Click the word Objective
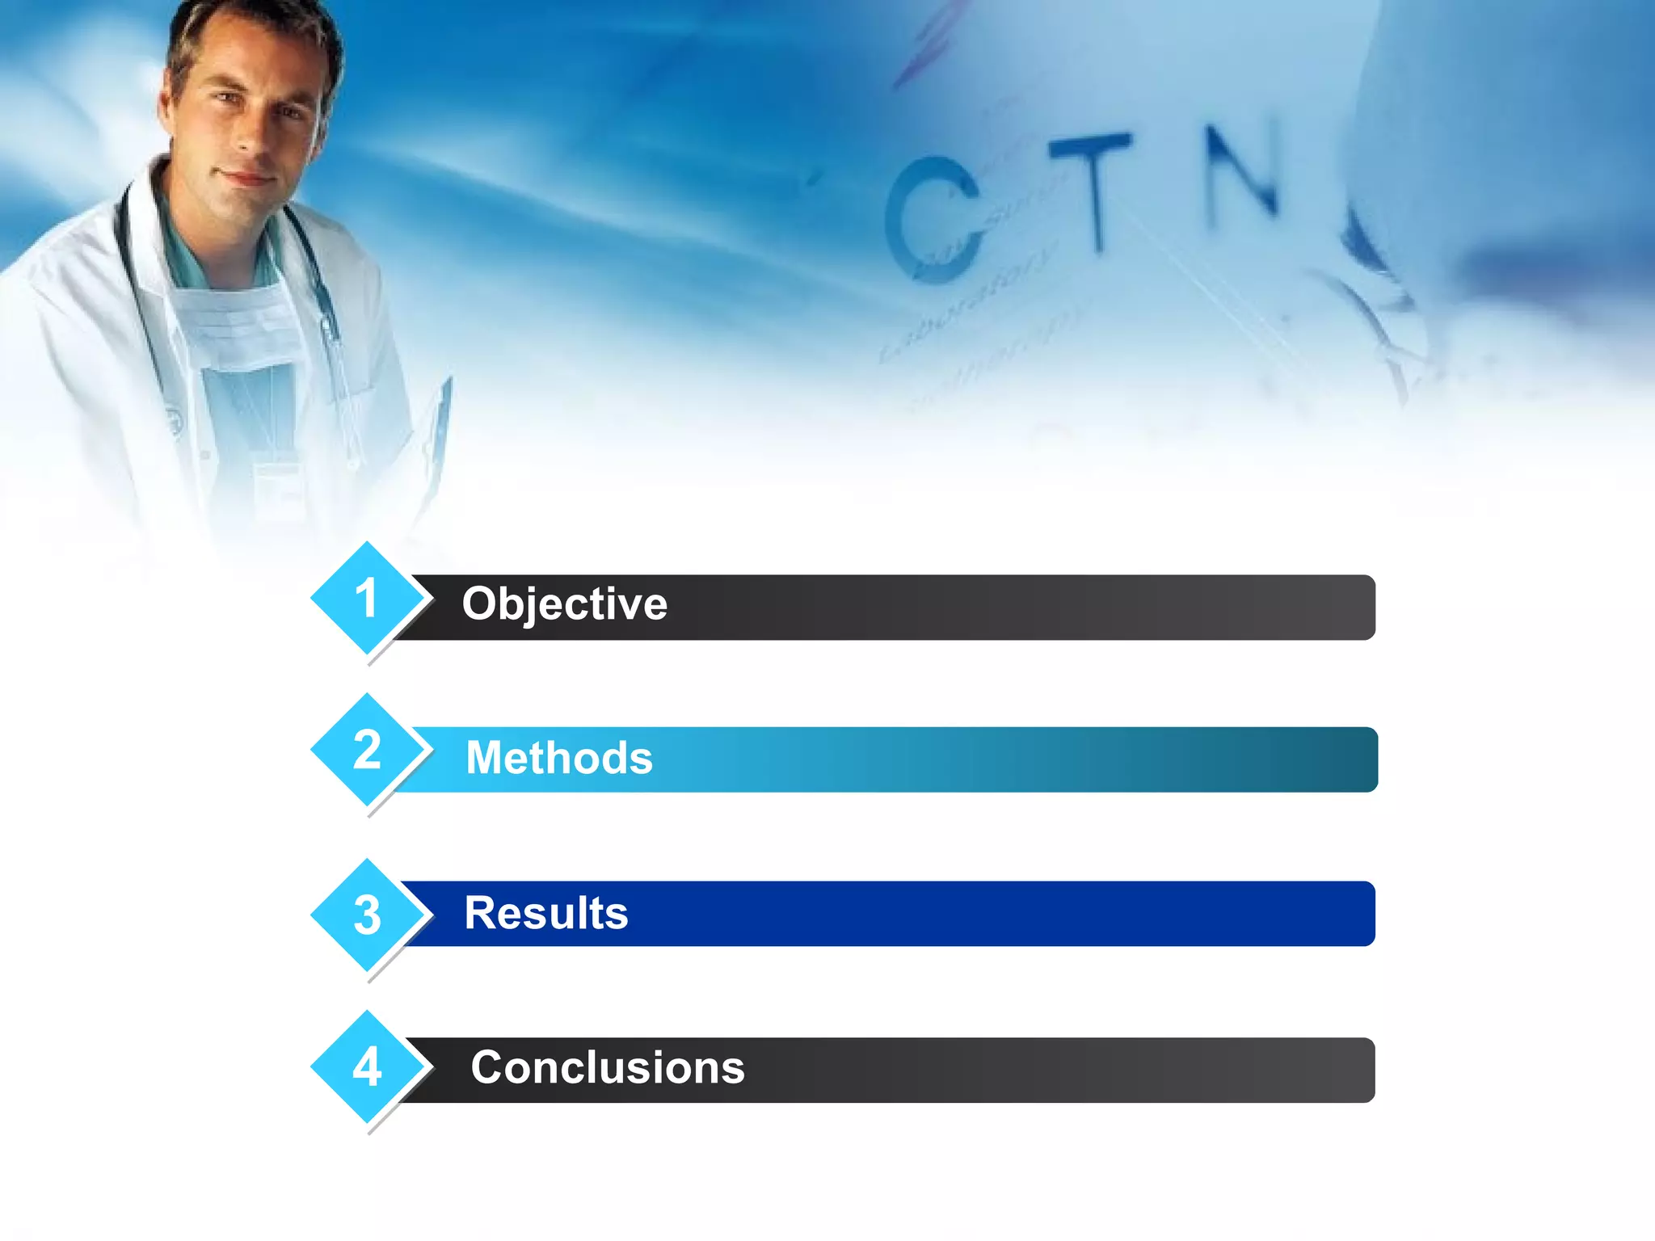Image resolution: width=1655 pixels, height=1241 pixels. click(x=564, y=604)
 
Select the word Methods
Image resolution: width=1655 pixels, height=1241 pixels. click(x=559, y=758)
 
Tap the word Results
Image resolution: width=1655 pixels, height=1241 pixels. click(x=546, y=913)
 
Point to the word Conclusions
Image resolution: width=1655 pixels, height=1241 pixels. click(x=608, y=1067)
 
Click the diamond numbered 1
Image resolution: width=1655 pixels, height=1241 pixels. click(x=368, y=599)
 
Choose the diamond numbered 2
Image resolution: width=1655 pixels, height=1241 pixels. click(x=368, y=750)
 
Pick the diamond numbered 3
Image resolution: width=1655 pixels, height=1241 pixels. click(x=368, y=915)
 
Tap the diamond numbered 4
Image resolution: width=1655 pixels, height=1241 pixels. click(x=368, y=1066)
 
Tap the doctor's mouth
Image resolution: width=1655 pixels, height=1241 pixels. click(x=242, y=178)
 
